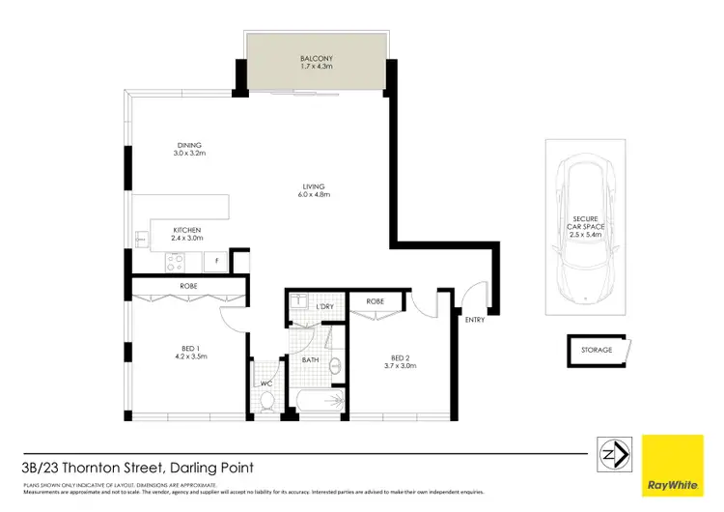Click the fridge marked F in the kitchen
[217, 261]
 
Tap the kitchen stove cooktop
[176, 259]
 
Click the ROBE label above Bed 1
[189, 287]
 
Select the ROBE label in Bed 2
[375, 301]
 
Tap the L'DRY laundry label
[323, 306]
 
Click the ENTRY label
[475, 320]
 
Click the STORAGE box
[596, 350]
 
